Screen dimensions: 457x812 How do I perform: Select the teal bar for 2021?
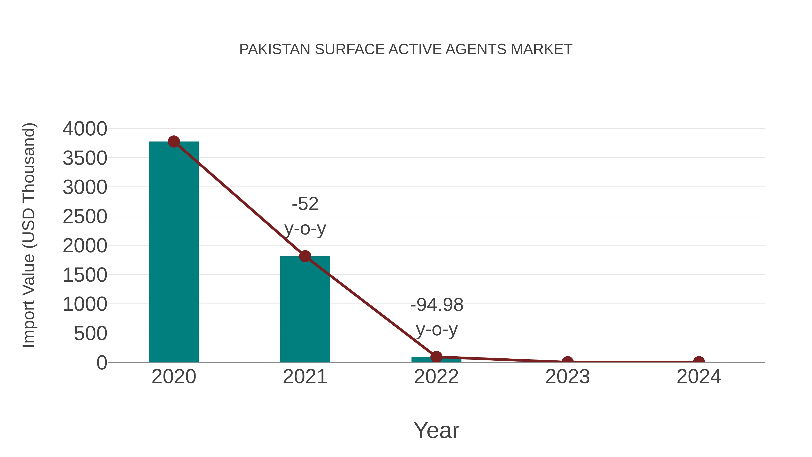click(305, 309)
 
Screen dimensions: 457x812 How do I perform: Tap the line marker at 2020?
click(174, 142)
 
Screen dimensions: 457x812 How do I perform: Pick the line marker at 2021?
click(305, 256)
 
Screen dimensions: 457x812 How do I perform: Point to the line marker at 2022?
click(436, 357)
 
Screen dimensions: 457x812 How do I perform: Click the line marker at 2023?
click(567, 362)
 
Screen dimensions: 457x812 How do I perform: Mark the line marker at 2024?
click(699, 362)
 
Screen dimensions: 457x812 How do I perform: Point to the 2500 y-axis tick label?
click(85, 217)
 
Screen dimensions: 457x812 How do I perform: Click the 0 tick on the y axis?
click(102, 363)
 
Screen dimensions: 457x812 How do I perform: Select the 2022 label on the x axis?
click(436, 377)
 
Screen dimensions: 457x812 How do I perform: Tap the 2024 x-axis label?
click(699, 377)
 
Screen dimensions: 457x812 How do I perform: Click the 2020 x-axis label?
click(174, 377)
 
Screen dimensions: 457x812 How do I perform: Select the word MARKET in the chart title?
click(541, 49)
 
